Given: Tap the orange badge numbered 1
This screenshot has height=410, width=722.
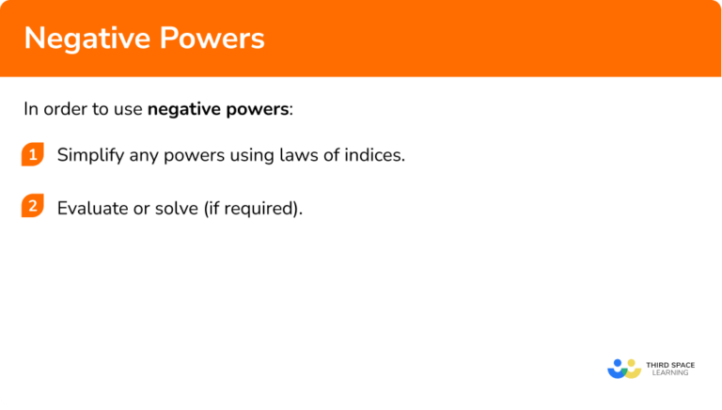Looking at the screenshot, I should pos(33,155).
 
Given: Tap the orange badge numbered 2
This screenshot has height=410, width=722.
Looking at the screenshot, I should pos(33,207).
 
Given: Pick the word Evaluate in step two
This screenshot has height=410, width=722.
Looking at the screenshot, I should pos(92,208).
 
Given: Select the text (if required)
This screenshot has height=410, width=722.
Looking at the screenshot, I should pos(254,208).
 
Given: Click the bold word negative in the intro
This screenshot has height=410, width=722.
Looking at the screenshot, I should pos(185,109).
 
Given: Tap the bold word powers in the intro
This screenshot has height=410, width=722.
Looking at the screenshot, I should pos(258,109).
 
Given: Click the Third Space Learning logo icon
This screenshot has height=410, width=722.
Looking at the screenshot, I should pos(623,368).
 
